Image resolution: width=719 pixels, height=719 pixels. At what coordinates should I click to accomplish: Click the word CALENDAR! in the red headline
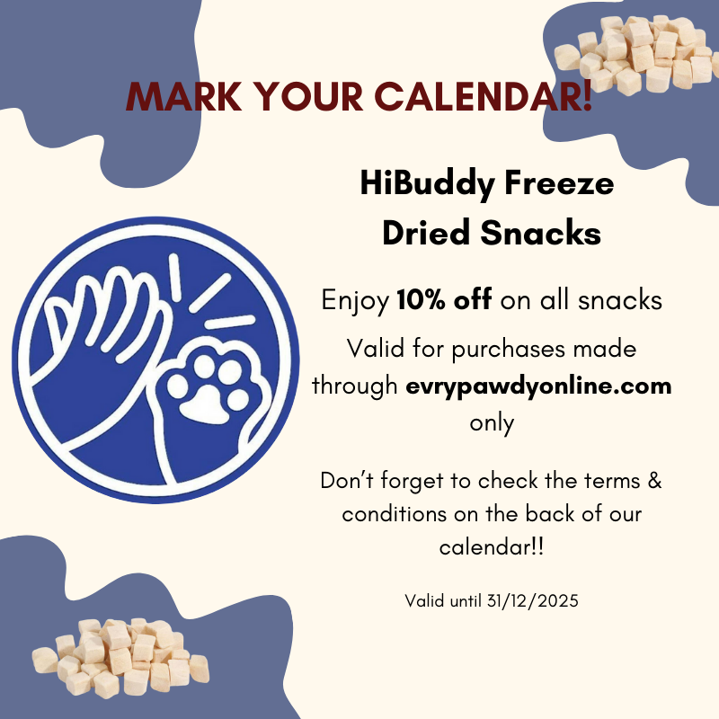pos(484,96)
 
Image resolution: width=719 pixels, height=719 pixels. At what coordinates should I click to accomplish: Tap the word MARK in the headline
pos(183,96)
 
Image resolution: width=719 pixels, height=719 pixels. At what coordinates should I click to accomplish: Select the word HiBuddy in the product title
pos(427,184)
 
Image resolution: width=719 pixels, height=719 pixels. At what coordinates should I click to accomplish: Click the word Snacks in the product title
pos(540,233)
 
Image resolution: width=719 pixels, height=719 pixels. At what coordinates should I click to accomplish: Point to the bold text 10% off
pos(444,300)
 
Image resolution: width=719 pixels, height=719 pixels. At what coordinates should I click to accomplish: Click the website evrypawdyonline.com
pos(538,386)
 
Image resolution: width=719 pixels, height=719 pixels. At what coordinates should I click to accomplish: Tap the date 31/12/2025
pos(532,600)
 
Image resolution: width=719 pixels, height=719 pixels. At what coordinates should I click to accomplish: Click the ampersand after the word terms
pos(655,481)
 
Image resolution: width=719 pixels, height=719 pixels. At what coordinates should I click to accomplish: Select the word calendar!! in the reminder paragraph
pos(492,547)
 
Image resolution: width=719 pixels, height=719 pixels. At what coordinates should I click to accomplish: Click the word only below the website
pos(492,423)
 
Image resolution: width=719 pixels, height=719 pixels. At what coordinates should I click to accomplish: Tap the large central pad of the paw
pos(205,404)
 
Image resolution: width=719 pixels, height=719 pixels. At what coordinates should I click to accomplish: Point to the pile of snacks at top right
pos(635,54)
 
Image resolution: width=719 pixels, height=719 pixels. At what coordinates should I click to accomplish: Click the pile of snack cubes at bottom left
pos(120,657)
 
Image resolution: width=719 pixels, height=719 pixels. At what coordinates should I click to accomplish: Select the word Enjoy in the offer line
pos(355,302)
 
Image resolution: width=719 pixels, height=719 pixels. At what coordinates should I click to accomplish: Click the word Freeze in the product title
pos(559,183)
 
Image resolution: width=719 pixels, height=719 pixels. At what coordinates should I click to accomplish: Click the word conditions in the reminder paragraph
pos(395,513)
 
